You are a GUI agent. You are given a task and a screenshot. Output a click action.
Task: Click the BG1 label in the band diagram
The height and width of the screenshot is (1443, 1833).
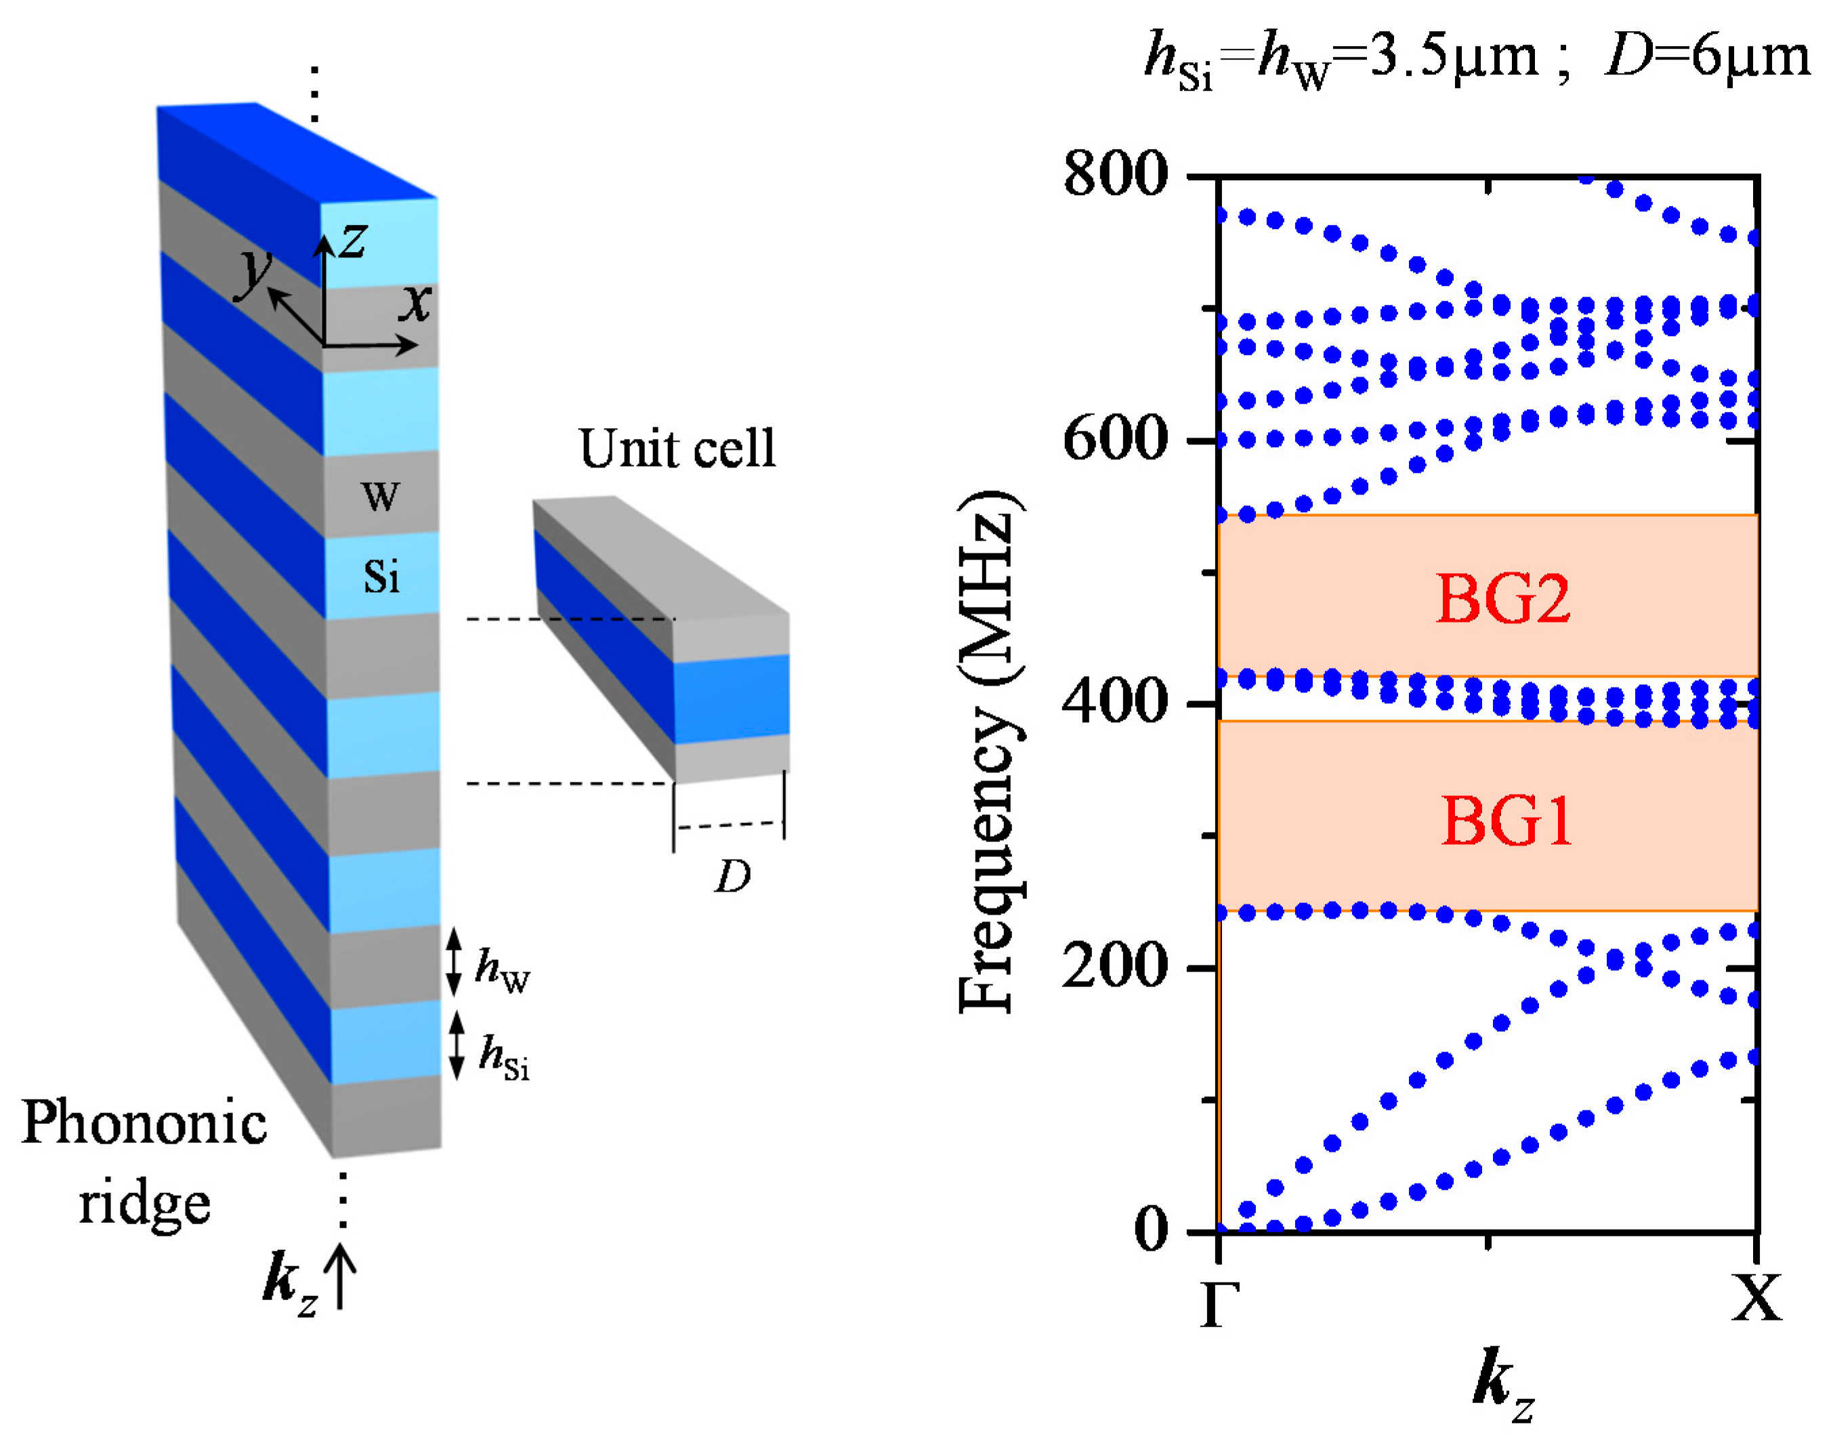tap(1505, 820)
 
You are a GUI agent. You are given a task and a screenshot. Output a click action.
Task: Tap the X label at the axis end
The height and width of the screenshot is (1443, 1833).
tap(1756, 1299)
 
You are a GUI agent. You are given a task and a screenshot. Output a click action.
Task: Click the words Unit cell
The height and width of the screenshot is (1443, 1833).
tap(677, 448)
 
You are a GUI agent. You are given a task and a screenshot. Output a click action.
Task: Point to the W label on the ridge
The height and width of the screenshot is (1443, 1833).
tap(380, 496)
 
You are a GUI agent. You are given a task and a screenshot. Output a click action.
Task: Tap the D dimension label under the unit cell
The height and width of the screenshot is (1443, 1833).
tap(732, 876)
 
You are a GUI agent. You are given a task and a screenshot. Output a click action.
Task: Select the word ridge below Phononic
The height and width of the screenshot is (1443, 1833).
tap(144, 1204)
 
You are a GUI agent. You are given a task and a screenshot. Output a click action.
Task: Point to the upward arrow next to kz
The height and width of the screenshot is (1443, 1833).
tap(341, 1276)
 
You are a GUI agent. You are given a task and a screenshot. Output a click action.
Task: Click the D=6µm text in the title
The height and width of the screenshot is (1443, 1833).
tap(1707, 58)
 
